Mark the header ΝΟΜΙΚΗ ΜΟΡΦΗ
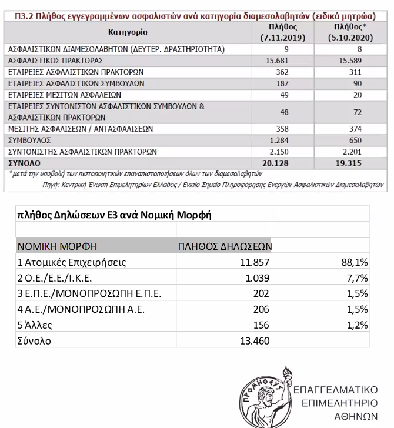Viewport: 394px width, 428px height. (x=56, y=245)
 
